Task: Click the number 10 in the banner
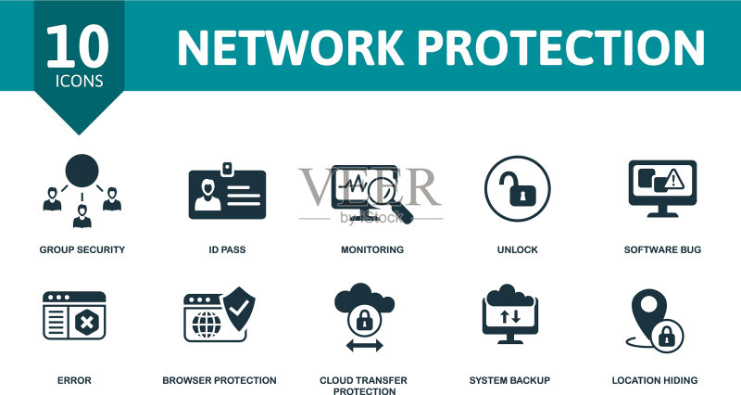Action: point(78,46)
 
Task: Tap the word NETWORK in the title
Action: point(290,48)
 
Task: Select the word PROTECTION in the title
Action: point(561,48)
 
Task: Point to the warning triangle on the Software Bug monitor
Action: point(674,179)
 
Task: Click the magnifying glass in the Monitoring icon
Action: point(388,197)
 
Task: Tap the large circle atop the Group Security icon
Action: point(82,171)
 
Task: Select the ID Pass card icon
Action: point(227,191)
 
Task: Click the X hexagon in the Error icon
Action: point(86,323)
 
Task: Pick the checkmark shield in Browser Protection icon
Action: point(239,308)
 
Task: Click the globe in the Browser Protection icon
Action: point(207,324)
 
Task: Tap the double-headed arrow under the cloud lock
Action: point(364,346)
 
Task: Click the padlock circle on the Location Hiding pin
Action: point(667,337)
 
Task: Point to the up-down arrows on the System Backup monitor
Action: point(510,316)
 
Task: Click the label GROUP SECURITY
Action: point(82,249)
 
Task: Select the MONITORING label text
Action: point(372,249)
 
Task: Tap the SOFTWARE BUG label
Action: point(662,249)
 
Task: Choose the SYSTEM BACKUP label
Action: point(510,380)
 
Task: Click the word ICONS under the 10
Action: point(80,81)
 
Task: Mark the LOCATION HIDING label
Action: point(655,380)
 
